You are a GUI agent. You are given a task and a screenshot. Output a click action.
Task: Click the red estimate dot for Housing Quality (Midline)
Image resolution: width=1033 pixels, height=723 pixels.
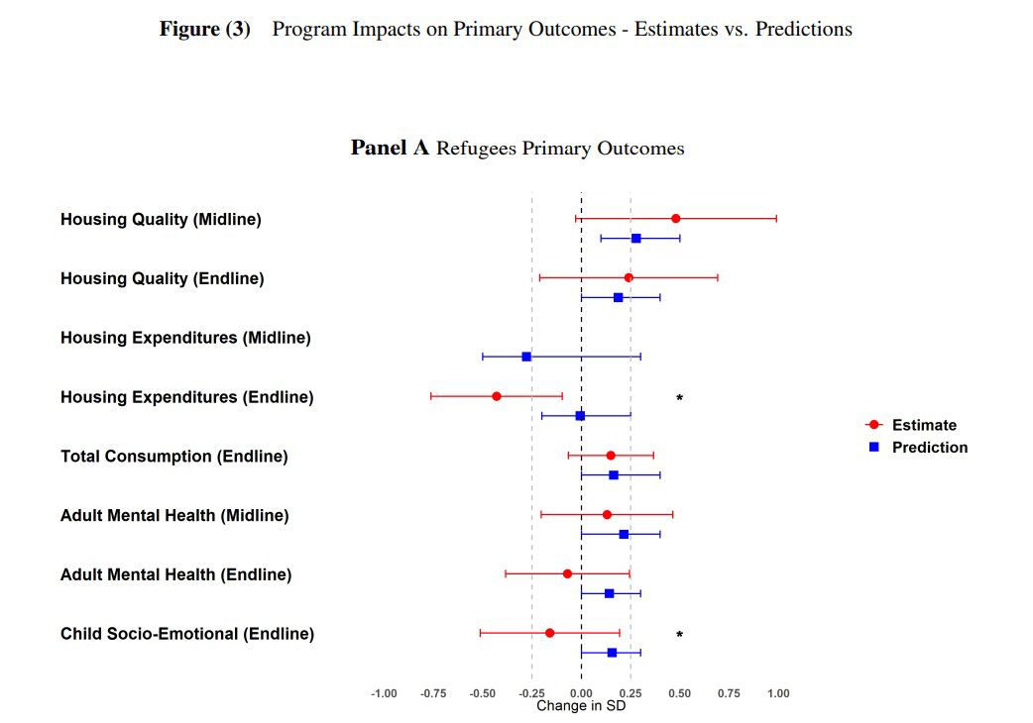tap(675, 218)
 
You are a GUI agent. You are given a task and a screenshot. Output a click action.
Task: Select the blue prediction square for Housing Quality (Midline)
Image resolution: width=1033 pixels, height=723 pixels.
tap(635, 238)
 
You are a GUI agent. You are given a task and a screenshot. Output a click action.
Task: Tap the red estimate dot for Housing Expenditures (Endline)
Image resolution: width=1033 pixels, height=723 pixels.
tap(497, 396)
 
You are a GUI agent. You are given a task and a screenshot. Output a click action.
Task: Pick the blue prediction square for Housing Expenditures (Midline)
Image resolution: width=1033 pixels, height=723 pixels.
tap(526, 357)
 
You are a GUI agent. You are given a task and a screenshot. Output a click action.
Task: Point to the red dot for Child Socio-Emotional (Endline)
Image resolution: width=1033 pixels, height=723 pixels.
tap(549, 633)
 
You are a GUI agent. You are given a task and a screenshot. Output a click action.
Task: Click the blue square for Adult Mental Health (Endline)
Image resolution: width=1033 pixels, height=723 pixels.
tap(609, 593)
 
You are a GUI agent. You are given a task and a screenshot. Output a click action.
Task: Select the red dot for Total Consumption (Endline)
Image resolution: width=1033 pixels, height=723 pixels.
tap(610, 456)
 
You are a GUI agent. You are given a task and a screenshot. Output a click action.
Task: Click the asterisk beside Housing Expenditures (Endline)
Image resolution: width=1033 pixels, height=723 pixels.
tap(679, 399)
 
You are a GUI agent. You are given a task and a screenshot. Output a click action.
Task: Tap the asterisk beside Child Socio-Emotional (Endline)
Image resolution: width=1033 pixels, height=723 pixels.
tap(679, 635)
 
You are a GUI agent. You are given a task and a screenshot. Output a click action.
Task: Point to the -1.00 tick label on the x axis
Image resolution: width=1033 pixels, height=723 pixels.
tap(384, 693)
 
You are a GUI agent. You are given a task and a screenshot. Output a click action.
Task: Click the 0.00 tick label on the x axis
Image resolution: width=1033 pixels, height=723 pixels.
tap(581, 693)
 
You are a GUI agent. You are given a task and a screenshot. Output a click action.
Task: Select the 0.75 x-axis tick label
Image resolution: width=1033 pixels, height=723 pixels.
tap(729, 693)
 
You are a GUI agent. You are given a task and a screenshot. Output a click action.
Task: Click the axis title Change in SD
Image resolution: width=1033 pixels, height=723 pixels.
tap(581, 706)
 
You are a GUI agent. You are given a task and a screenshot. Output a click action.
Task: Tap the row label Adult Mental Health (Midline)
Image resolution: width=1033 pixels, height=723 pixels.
tap(174, 515)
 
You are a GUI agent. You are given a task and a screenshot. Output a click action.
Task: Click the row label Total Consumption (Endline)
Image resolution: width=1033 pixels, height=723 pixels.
tap(173, 456)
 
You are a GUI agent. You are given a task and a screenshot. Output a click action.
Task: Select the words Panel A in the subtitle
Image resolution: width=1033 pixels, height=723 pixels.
tap(390, 148)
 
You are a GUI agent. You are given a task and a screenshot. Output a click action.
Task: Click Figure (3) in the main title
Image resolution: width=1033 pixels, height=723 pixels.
tap(205, 29)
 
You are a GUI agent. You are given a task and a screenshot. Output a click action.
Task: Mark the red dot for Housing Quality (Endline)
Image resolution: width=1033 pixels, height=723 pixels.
tap(629, 277)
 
